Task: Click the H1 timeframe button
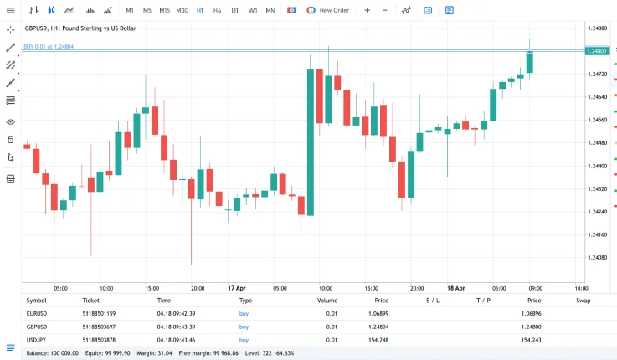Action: point(199,10)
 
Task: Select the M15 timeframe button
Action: point(164,10)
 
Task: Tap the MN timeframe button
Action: point(270,10)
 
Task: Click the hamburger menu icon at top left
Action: point(11,10)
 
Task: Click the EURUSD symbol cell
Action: point(37,313)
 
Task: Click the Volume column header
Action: point(327,299)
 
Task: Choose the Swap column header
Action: point(583,299)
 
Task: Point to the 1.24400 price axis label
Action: point(598,166)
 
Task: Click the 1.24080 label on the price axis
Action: point(598,258)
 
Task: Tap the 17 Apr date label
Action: point(237,287)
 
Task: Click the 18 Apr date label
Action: point(455,287)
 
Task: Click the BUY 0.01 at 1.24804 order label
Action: point(49,47)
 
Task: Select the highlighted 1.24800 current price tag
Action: point(598,52)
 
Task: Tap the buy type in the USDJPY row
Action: point(244,340)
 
